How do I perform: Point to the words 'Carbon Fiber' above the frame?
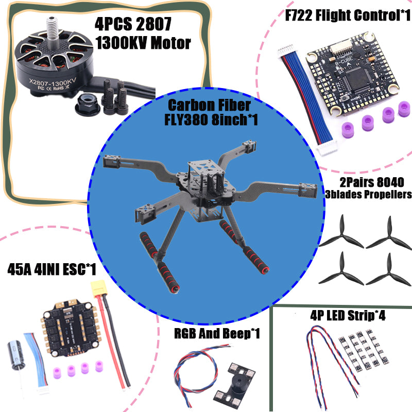(209, 106)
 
